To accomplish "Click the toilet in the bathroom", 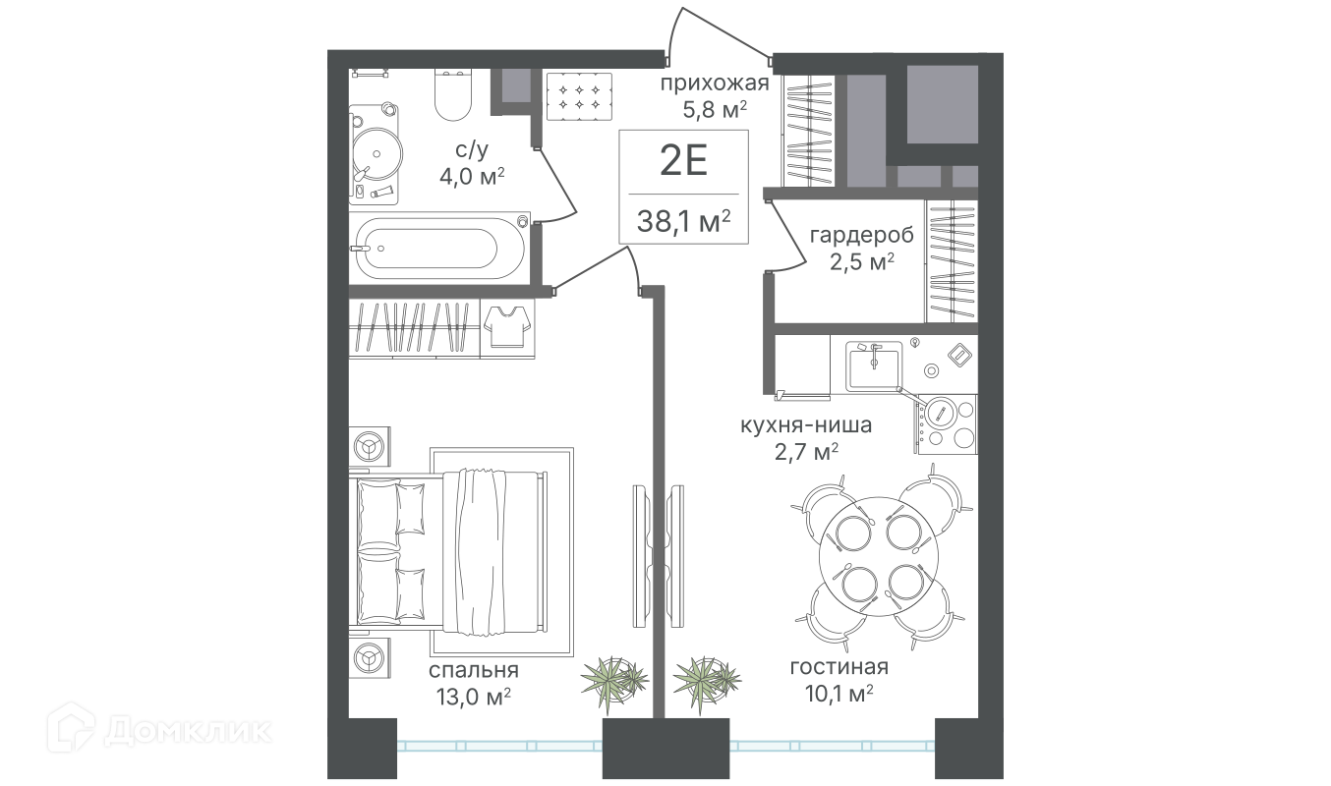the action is coord(453,95).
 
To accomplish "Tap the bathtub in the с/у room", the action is coord(439,248).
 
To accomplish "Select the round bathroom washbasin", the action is coord(376,154).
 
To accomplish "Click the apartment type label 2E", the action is coord(683,160).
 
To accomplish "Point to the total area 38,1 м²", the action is coord(683,222).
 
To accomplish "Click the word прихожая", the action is coord(715,84).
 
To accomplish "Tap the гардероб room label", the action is coord(861,236).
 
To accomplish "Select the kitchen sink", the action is coord(874,365).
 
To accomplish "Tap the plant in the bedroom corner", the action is coord(613,682).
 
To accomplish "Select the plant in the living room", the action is coord(707,682).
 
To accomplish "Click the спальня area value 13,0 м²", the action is coord(474,697).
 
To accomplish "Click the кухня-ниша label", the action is coord(806,425).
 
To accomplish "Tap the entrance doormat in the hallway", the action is coord(579,97).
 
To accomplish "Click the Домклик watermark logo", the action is coord(159,731).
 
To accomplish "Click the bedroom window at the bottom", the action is coord(499,746).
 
